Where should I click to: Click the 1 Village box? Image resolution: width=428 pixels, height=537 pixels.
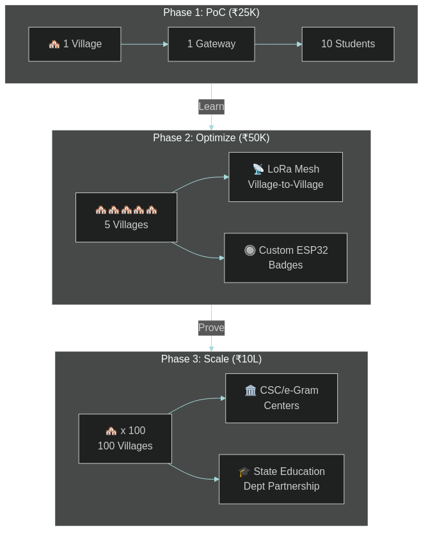pos(75,44)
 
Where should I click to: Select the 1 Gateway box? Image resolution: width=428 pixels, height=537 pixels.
pos(211,44)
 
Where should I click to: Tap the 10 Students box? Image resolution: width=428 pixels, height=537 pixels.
pos(347,44)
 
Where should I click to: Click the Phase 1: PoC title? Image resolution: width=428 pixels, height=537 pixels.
pos(211,13)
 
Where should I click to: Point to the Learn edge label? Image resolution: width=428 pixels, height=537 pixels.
pos(211,107)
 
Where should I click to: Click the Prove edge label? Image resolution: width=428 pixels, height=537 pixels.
pos(211,328)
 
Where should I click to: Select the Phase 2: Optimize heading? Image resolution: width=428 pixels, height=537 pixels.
pos(211,138)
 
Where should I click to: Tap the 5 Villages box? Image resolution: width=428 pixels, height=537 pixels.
pos(126,217)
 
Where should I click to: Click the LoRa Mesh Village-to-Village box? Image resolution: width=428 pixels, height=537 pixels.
pos(285,177)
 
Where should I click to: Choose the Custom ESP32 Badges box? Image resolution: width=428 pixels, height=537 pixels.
pos(285,258)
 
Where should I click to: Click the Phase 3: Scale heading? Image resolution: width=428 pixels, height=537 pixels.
pos(211,359)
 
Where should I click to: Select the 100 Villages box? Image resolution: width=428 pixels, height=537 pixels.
pos(125,439)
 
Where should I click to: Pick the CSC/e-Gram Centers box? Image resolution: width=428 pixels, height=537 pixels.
pos(281,398)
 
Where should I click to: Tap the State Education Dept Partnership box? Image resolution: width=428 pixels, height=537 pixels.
pos(281,479)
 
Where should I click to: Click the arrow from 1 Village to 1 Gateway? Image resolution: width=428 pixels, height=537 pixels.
pos(144,44)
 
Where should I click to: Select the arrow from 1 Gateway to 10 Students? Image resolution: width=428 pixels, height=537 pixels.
pos(278,44)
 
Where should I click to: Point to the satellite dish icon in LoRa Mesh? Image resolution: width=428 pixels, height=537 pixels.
pos(258,169)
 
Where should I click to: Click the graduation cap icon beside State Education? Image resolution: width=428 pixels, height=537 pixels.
pos(244,472)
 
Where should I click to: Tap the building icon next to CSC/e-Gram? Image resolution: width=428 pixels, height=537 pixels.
pos(251,391)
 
